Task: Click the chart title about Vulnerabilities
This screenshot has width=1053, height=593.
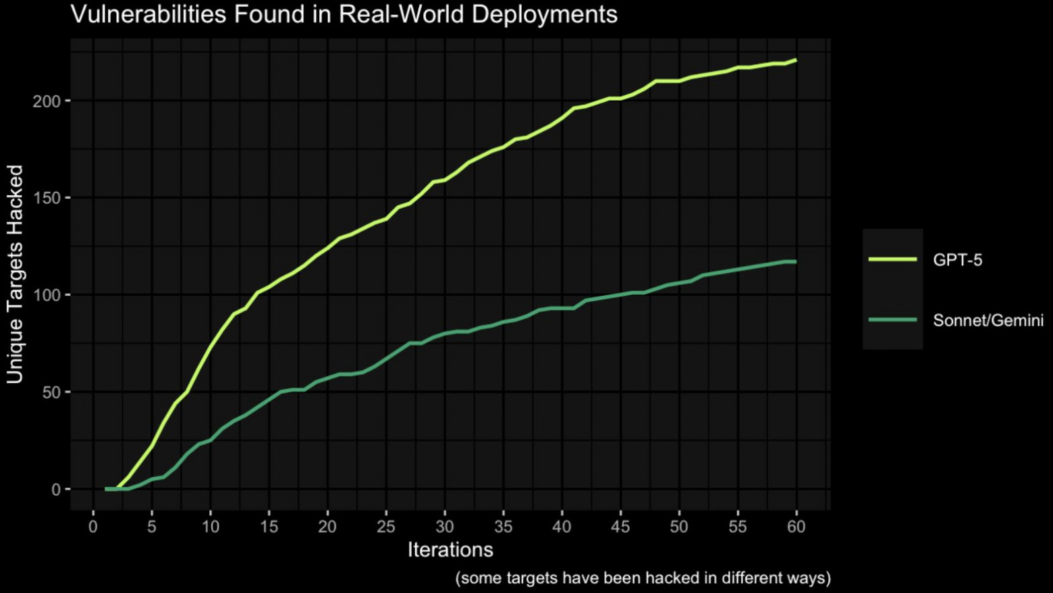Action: [x=344, y=14]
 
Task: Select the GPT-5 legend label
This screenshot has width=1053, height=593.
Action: [x=957, y=260]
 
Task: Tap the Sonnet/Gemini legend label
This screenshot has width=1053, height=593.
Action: [x=988, y=320]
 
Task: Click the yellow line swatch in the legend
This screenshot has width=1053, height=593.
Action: [x=892, y=259]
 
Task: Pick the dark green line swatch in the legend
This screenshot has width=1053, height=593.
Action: [x=892, y=319]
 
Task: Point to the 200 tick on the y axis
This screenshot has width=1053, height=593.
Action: [x=47, y=101]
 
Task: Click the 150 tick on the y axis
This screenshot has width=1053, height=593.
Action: [x=47, y=198]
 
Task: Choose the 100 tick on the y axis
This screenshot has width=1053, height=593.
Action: [x=47, y=295]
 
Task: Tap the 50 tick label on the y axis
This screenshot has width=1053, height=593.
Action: [x=51, y=392]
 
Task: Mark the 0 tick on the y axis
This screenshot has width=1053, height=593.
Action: [x=56, y=490]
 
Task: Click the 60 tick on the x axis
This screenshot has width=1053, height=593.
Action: [x=796, y=527]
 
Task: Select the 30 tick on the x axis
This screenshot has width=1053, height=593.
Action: [x=444, y=527]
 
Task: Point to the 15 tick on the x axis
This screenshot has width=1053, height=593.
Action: [x=269, y=527]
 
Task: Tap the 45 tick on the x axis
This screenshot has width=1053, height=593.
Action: [x=620, y=527]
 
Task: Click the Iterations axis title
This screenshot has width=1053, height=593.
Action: [x=450, y=550]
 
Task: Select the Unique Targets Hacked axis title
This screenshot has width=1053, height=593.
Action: [x=15, y=274]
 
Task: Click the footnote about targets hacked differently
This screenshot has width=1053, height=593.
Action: [x=643, y=578]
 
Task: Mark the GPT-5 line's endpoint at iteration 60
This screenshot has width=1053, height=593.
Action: [x=796, y=60]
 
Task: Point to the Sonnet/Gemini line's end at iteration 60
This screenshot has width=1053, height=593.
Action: [x=796, y=261]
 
